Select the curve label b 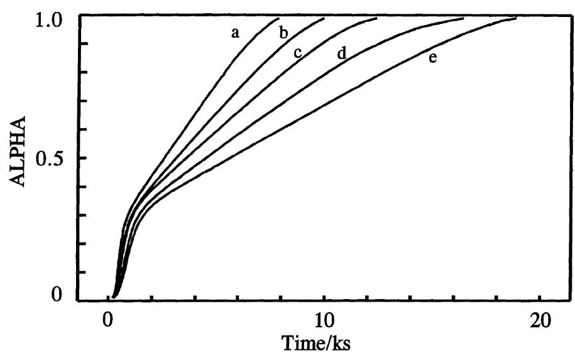pyautogui.click(x=283, y=33)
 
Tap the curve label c pyautogui.click(x=298, y=53)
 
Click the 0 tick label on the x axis pyautogui.click(x=107, y=319)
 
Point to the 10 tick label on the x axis pyautogui.click(x=323, y=319)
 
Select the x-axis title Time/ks pyautogui.click(x=324, y=344)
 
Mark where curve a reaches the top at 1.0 pyautogui.click(x=278, y=18)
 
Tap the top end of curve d pyautogui.click(x=463, y=18)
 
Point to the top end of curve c pyautogui.click(x=376, y=18)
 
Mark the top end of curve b pyautogui.click(x=324, y=18)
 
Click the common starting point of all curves pyautogui.click(x=114, y=295)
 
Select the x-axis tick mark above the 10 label pyautogui.click(x=324, y=298)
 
